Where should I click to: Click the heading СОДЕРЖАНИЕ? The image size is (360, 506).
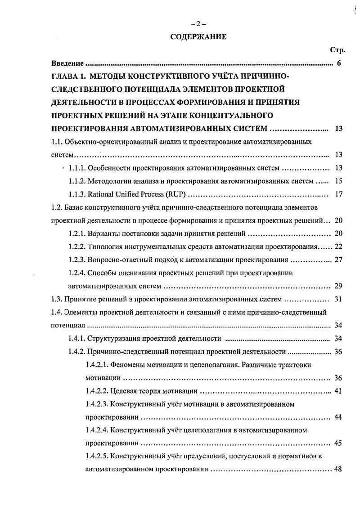click(x=198, y=37)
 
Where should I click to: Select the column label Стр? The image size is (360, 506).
click(x=337, y=50)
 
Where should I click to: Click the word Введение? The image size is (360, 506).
click(x=67, y=63)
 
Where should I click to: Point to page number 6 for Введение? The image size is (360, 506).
click(x=339, y=63)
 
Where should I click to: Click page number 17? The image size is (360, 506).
click(x=339, y=194)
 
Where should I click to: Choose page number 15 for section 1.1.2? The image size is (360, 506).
click(x=339, y=181)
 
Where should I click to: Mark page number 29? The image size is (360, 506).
click(x=339, y=286)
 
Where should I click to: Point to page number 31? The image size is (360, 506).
click(x=339, y=299)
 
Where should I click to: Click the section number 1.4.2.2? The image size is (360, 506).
click(x=96, y=391)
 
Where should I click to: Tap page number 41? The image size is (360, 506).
click(x=339, y=391)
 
